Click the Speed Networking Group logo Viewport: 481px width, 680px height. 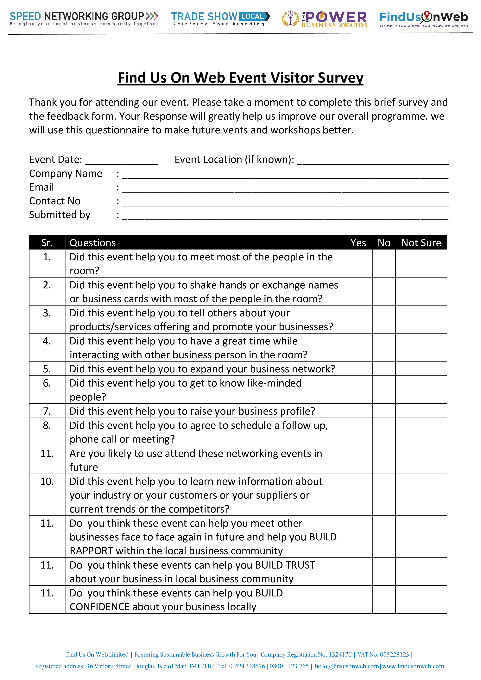click(x=84, y=18)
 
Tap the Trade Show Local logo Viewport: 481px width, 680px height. click(x=220, y=18)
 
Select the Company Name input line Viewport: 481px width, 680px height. click(x=285, y=175)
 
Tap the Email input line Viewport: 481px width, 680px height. click(x=285, y=189)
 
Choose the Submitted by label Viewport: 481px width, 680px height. click(x=60, y=215)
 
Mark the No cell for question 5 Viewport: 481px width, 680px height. click(x=384, y=369)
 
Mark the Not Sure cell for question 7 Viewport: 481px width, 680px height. click(x=421, y=411)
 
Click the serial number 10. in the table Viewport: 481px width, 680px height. click(x=47, y=482)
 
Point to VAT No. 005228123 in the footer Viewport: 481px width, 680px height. click(x=383, y=655)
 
